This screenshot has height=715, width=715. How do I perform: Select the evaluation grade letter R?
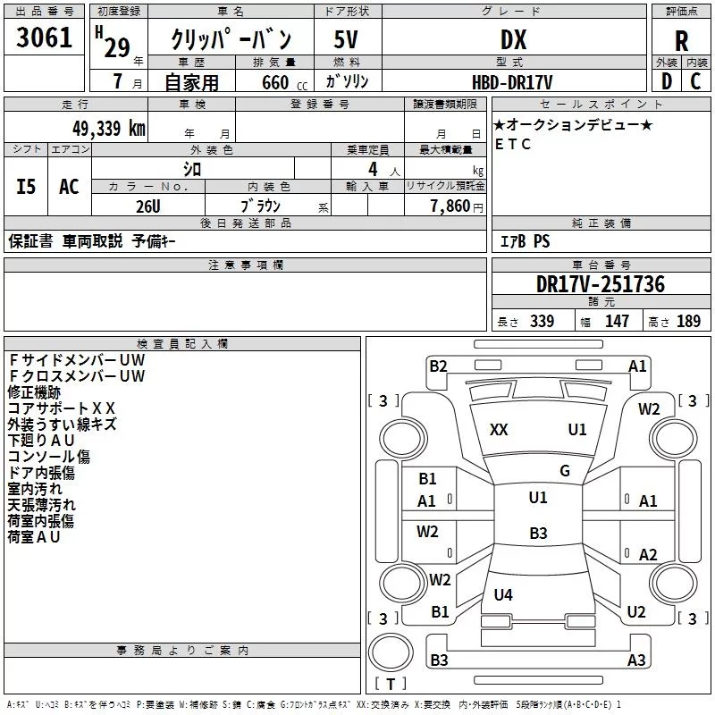coord(681,40)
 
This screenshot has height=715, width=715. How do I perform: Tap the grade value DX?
coord(513,40)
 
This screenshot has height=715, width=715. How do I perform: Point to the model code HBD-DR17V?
coord(513,81)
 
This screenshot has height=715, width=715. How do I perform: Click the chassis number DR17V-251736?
coord(601,284)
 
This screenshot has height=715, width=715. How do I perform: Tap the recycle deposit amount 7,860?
coord(451,206)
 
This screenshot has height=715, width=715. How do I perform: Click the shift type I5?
coord(27,187)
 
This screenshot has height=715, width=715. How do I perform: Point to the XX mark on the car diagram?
coord(499,430)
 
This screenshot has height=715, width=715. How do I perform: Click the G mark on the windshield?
coord(564,471)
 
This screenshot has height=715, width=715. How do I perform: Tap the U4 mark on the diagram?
coord(503,594)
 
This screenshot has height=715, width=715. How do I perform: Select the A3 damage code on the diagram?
coord(636,660)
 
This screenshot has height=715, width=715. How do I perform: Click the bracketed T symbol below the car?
coord(390,685)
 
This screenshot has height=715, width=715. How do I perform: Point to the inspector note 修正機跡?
coord(34,392)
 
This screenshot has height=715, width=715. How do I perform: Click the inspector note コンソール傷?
coord(48,457)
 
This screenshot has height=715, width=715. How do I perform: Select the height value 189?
coord(688,322)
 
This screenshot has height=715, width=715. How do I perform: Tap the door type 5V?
coord(346,40)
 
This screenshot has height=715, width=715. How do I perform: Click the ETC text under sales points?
coord(513,144)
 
